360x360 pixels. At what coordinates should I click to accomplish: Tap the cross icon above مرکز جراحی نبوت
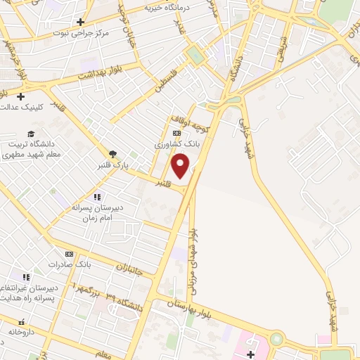pos(81,22)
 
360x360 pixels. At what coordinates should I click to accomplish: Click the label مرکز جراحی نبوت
pos(78,33)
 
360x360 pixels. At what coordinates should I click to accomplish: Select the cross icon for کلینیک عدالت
pos(21,96)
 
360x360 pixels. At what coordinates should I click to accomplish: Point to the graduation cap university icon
pos(31,134)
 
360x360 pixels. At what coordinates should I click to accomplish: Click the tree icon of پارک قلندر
pos(112,155)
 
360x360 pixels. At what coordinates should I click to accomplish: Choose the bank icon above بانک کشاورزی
pos(176,133)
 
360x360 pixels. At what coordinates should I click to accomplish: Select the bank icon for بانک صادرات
pos(69,254)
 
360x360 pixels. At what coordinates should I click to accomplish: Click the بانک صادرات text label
pos(70,264)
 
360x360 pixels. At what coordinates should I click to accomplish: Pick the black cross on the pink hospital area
pos(251,354)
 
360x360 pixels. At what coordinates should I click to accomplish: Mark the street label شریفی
pos(281,49)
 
